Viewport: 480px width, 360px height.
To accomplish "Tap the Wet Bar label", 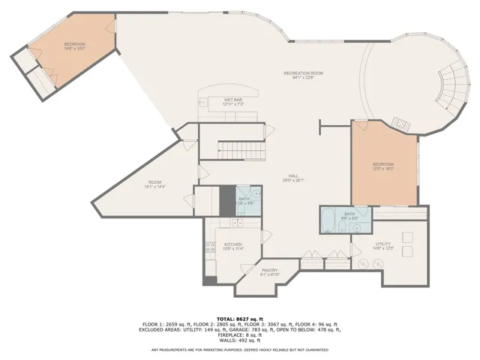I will click(232, 101).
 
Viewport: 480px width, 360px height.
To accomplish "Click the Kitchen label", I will click(232, 247).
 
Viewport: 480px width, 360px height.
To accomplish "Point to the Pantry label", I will click(269, 272).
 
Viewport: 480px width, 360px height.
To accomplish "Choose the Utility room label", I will click(382, 245).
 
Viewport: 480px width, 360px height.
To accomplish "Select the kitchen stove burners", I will click(211, 247).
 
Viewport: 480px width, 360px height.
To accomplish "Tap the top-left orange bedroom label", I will click(75, 46).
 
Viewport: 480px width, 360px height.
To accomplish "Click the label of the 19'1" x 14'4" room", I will click(155, 184).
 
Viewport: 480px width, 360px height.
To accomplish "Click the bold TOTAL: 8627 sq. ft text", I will click(240, 319).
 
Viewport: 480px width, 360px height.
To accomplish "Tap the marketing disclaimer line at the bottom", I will click(240, 349).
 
